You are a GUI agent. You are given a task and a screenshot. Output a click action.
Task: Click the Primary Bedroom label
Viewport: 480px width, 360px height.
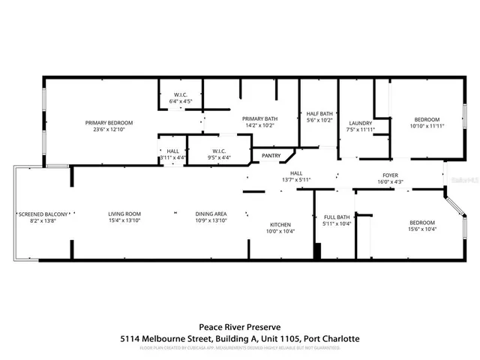109,122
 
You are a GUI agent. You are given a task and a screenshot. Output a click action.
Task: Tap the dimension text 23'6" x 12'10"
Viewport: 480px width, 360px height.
109,130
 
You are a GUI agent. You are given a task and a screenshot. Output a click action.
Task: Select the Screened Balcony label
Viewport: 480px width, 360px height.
43,214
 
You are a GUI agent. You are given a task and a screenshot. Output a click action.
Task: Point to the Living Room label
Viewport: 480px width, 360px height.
124,214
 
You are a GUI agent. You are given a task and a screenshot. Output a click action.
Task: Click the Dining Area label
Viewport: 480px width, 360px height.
211,214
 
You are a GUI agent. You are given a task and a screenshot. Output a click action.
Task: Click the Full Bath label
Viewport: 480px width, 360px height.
337,217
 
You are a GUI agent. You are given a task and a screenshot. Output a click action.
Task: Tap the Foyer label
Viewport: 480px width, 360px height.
391,174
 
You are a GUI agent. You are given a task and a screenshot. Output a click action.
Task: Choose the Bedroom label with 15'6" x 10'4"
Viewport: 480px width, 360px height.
421,223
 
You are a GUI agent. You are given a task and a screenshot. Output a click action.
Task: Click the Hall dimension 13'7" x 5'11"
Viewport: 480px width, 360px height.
296,180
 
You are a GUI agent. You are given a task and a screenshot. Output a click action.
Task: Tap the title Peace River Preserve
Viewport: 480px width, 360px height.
240,326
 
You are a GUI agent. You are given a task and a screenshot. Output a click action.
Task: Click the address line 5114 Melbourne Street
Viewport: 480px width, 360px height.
240,339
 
